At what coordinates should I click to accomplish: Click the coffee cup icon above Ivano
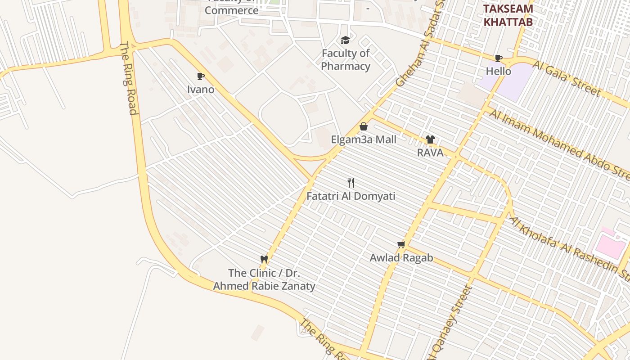[x=201, y=76]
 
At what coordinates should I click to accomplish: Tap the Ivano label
[x=201, y=89]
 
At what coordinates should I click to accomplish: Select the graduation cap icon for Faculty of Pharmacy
[x=345, y=40]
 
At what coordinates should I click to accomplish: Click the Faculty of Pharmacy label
[x=346, y=60]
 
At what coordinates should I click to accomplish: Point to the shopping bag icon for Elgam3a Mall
[x=364, y=126]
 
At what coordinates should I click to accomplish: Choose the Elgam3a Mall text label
[x=364, y=139]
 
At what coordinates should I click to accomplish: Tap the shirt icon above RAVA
[x=430, y=139]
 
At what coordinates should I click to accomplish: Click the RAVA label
[x=430, y=153]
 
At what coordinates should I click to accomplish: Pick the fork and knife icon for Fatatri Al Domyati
[x=351, y=183]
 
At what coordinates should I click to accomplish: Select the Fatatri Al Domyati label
[x=351, y=196]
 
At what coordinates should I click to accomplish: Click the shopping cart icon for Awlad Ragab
[x=401, y=244]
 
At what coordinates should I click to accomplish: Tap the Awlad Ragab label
[x=401, y=258]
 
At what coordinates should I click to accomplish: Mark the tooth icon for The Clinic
[x=264, y=259]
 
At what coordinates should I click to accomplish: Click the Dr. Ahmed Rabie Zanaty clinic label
[x=264, y=279]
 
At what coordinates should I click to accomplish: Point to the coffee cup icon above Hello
[x=499, y=58]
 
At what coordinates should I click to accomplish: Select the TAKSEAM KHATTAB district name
[x=508, y=15]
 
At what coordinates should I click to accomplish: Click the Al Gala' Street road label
[x=567, y=79]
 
